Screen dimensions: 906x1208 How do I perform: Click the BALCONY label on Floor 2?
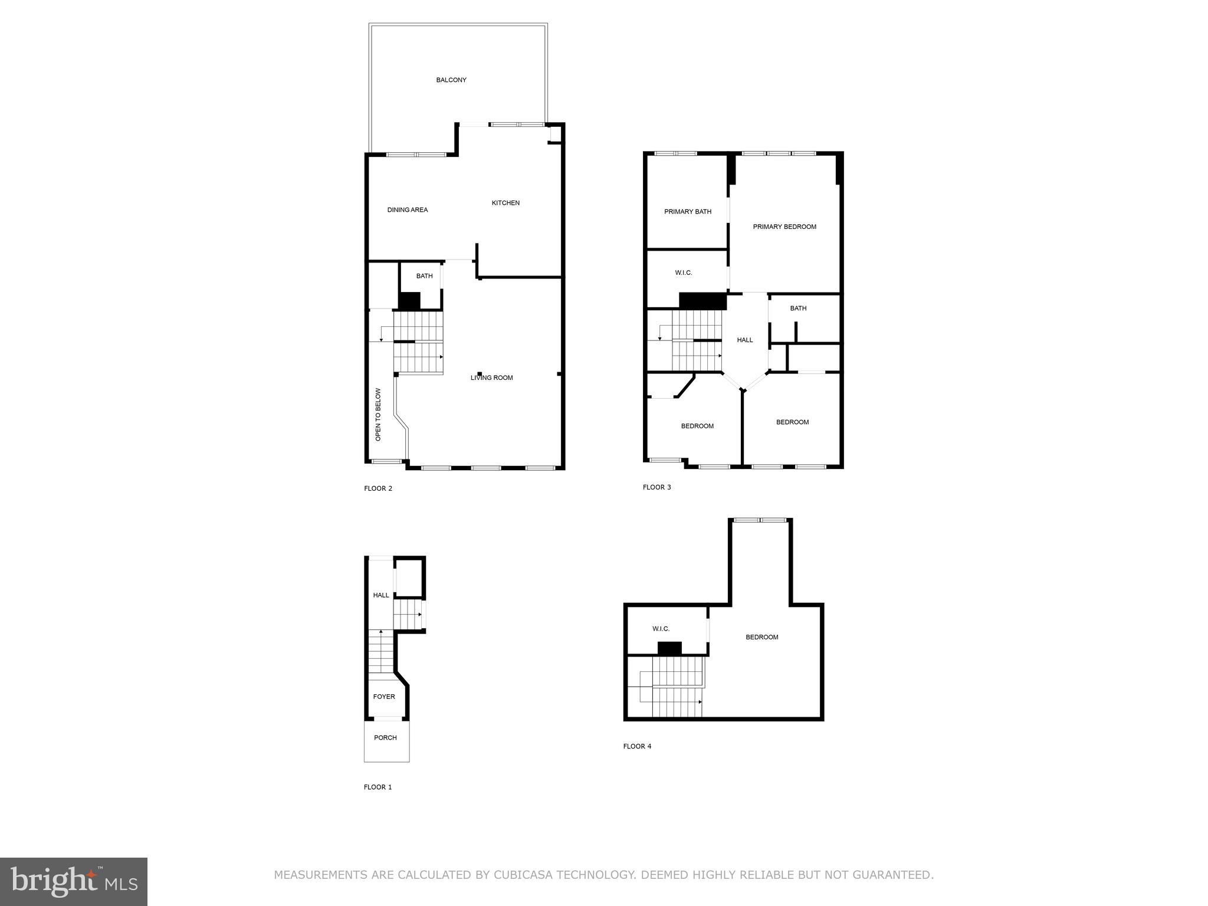[x=451, y=80]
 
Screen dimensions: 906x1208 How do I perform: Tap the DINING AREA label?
[x=408, y=210]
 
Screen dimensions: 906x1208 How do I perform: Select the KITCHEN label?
[x=505, y=203]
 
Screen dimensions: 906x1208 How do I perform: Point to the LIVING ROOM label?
[x=492, y=378]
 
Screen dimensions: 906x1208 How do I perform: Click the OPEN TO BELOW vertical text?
[x=378, y=414]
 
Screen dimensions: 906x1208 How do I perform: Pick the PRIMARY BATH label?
[x=688, y=212]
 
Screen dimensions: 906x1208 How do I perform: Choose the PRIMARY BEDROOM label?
[x=784, y=227]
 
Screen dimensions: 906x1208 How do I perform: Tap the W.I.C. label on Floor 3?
[x=684, y=273]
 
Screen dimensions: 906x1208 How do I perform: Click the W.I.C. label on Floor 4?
[x=661, y=629]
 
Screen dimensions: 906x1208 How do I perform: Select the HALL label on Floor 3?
[x=745, y=340]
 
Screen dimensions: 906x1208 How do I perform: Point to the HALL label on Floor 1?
[x=381, y=596]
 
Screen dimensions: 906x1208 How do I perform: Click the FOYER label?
[x=384, y=697]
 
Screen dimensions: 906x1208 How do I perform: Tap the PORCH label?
[x=385, y=738]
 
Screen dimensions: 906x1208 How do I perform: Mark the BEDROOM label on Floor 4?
[x=761, y=638]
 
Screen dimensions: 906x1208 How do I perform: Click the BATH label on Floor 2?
[x=424, y=276]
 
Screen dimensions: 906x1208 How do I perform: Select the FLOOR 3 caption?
[x=656, y=487]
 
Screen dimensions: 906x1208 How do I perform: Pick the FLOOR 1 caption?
[x=377, y=787]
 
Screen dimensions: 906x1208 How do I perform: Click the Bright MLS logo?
[x=74, y=881]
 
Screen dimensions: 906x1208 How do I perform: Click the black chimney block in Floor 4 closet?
[x=669, y=648]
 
